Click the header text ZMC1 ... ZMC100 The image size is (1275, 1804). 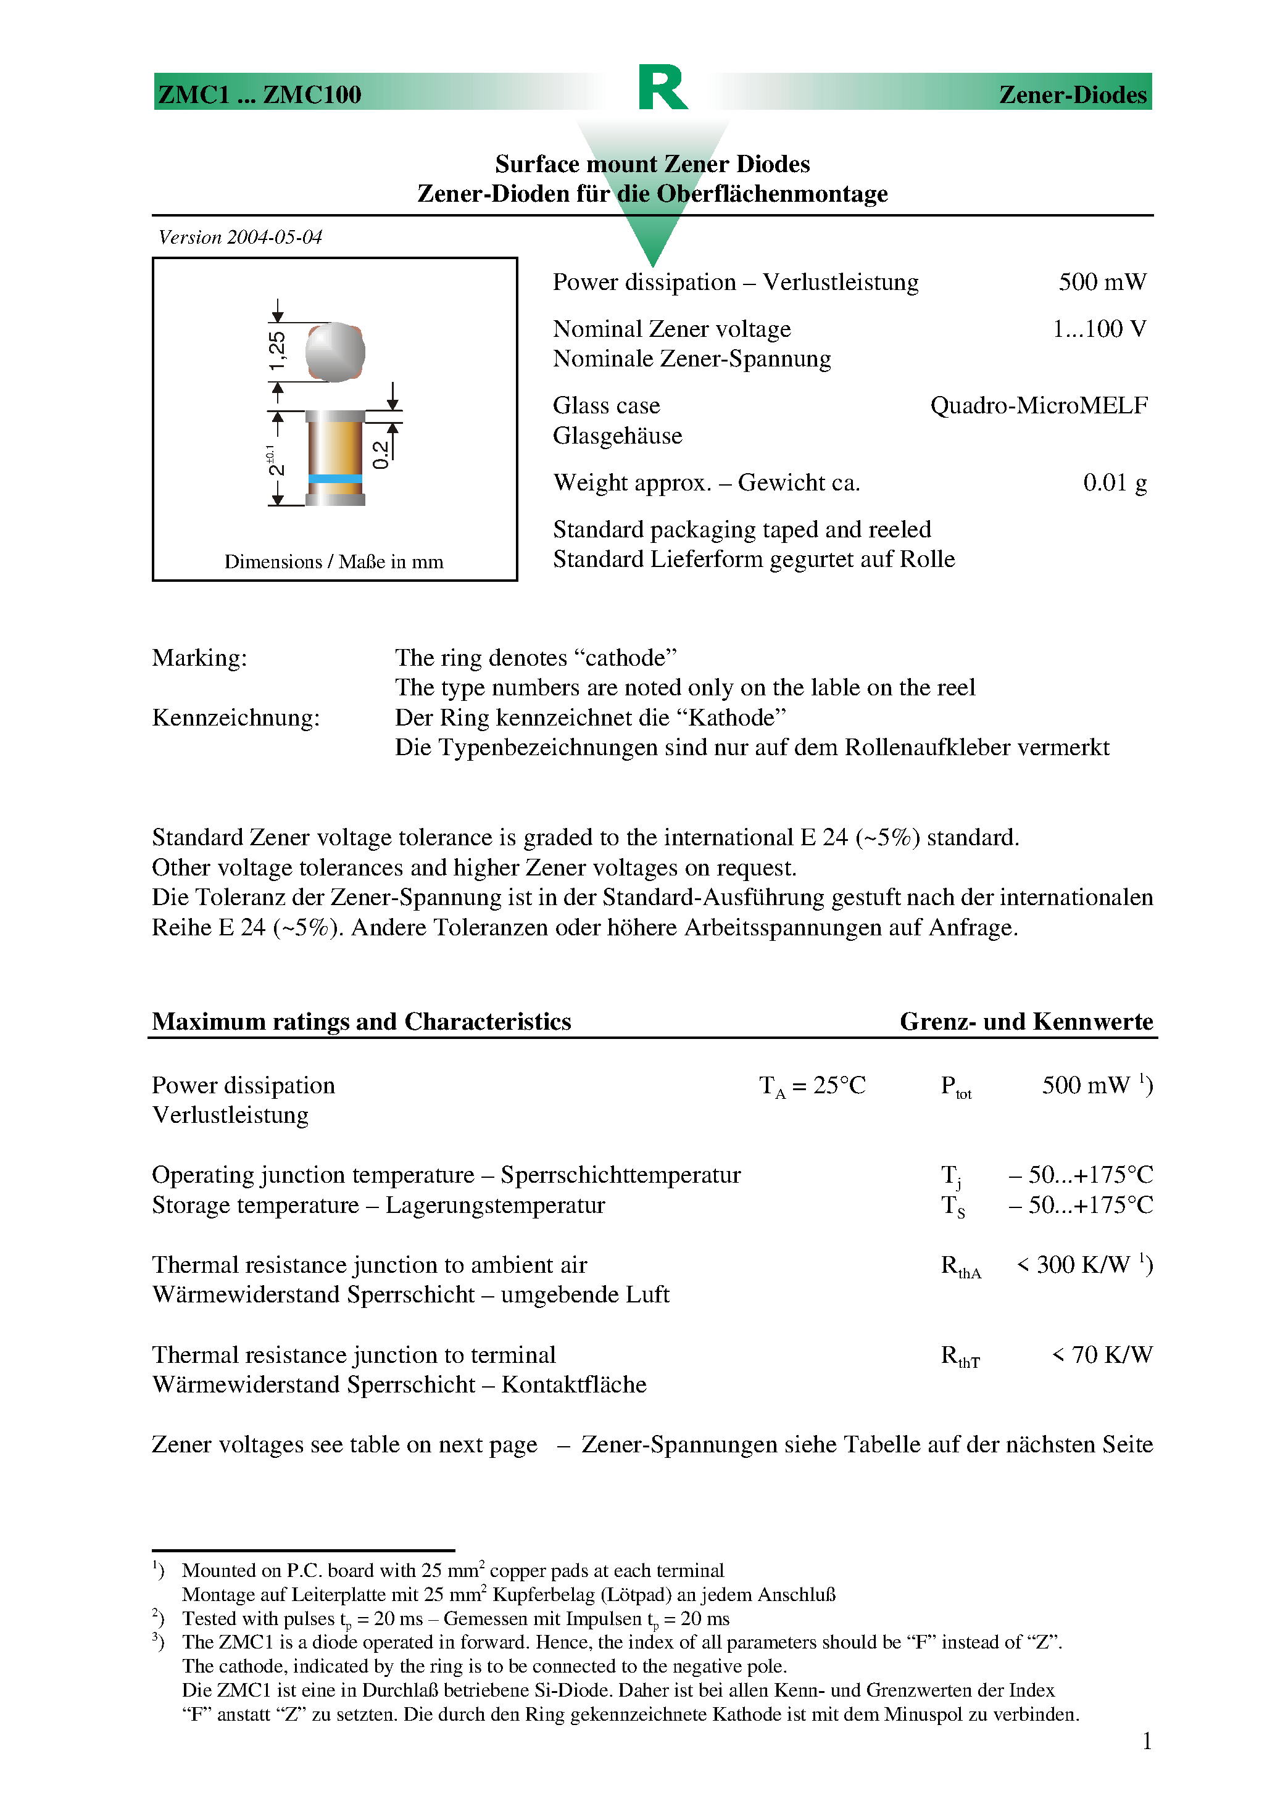(259, 94)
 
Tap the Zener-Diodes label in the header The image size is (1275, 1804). (1072, 94)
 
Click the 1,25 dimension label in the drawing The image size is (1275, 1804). (276, 351)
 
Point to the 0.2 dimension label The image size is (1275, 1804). (380, 454)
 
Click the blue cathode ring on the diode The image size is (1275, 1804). (335, 479)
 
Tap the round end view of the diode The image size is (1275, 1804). (335, 352)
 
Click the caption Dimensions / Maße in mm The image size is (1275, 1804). (333, 562)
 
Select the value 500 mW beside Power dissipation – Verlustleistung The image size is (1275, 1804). (1102, 282)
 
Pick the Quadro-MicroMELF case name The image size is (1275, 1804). (1039, 405)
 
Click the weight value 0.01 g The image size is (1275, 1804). (1115, 482)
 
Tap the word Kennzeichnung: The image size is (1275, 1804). (236, 718)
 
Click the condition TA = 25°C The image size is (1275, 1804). (812, 1086)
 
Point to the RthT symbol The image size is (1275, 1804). (960, 1356)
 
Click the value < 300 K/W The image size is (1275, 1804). (1074, 1265)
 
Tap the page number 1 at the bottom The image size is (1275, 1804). (1147, 1742)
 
